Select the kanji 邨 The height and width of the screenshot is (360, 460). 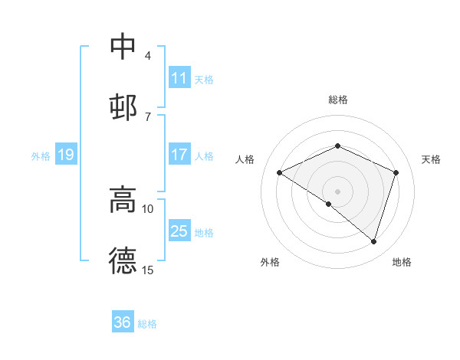tap(123, 105)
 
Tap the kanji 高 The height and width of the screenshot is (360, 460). tap(123, 200)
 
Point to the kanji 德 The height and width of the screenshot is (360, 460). tap(123, 260)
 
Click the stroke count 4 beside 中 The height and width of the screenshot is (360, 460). tap(147, 56)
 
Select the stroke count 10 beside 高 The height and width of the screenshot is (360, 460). tap(148, 208)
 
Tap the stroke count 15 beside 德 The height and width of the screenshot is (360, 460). tap(148, 270)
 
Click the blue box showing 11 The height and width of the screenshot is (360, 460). tap(179, 78)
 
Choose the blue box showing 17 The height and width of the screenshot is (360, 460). tap(179, 155)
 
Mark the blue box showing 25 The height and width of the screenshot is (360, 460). tap(179, 231)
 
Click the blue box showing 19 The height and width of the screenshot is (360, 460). tap(65, 155)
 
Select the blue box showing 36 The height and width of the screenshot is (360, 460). tap(123, 322)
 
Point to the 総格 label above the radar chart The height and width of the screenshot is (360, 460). tap(338, 100)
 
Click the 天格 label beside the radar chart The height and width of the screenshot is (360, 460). tap(432, 159)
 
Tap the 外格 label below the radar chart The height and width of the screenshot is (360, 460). tap(270, 262)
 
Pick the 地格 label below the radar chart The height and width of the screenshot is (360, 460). tap(402, 262)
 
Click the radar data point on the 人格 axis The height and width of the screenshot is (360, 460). tap(280, 173)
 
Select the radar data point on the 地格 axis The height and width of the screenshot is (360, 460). tap(373, 241)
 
